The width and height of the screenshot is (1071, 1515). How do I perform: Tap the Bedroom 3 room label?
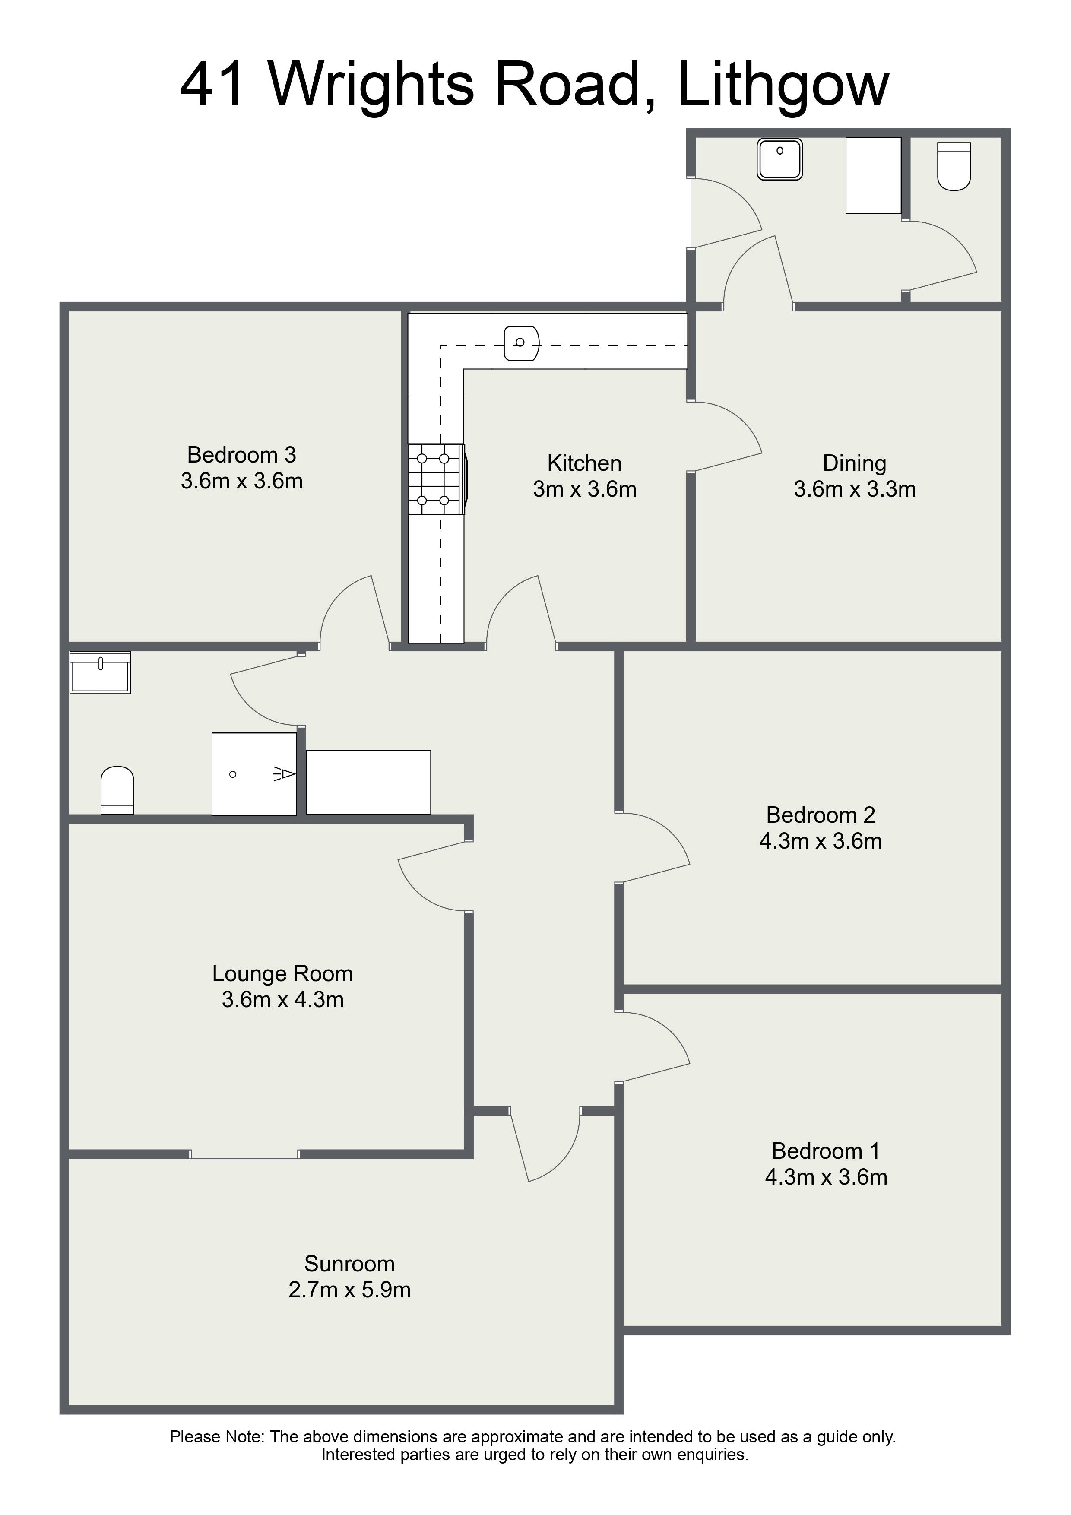click(x=241, y=455)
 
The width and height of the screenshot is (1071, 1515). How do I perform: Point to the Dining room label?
click(x=855, y=464)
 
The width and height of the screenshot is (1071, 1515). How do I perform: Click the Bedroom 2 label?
click(x=820, y=815)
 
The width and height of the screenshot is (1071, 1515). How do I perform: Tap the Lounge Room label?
click(x=282, y=973)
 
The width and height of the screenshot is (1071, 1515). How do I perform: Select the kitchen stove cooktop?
click(x=437, y=479)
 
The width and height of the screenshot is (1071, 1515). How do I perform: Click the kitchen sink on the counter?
click(x=521, y=344)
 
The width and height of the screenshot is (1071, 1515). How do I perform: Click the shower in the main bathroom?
click(x=254, y=773)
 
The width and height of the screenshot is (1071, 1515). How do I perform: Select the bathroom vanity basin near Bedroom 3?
click(x=100, y=672)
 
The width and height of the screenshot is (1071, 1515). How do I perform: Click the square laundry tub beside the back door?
click(x=780, y=158)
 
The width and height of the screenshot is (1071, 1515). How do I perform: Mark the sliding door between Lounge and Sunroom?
click(x=245, y=1154)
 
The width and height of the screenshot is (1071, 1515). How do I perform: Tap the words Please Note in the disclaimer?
click(x=217, y=1436)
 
